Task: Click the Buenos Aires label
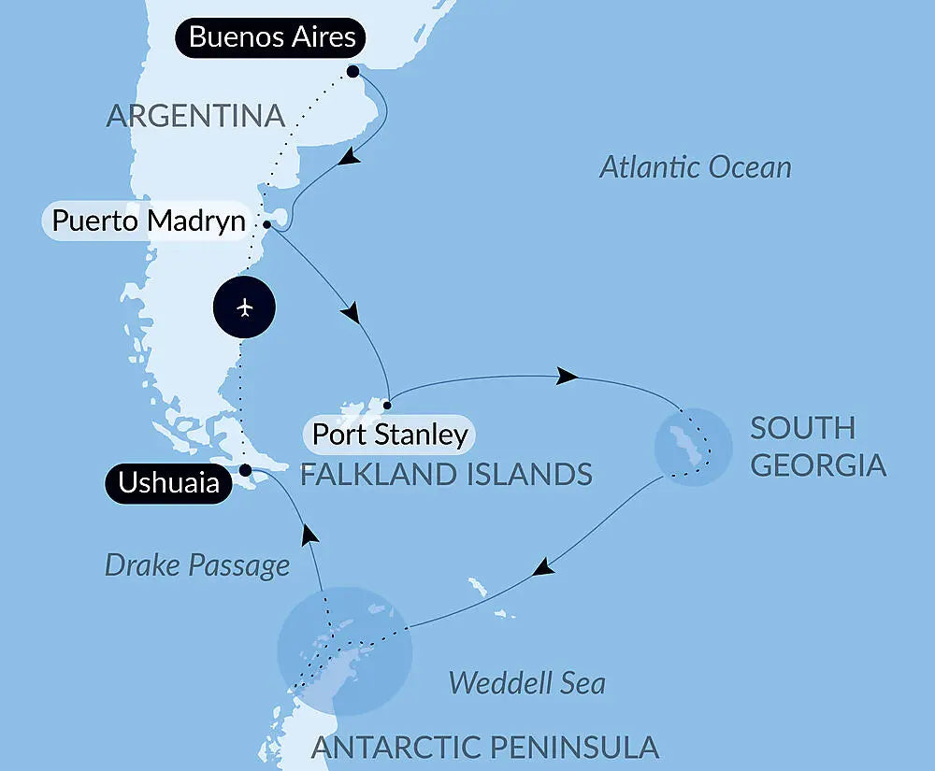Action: [272, 37]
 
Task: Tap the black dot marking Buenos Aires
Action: [352, 71]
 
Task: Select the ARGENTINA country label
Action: [195, 116]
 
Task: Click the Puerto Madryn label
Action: [148, 222]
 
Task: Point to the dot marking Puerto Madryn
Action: [267, 224]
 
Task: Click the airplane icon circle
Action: [245, 307]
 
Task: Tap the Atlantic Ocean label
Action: [695, 167]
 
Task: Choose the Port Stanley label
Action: [389, 435]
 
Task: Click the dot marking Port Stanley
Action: [386, 406]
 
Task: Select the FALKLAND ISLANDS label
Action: [446, 474]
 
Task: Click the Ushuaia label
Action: [168, 483]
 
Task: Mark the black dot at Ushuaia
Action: [244, 470]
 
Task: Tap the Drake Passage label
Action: [197, 564]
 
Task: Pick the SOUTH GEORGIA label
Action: [817, 447]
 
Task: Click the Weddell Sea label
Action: [526, 683]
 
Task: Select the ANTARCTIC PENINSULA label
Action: [484, 748]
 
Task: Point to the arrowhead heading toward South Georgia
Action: [566, 377]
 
